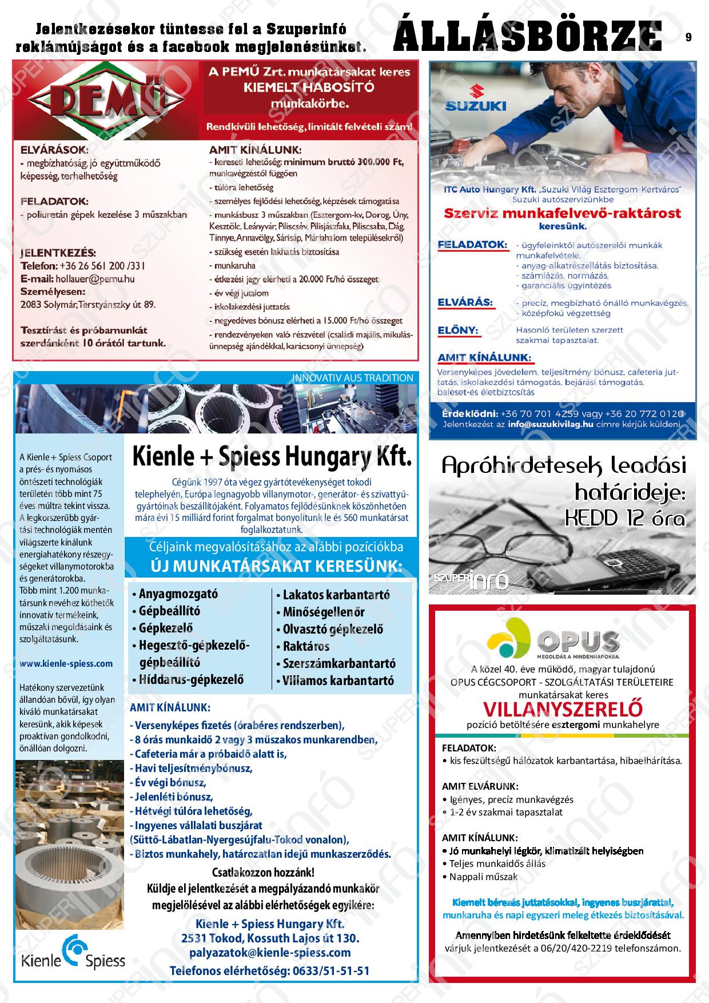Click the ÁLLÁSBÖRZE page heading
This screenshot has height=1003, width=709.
[x=527, y=35]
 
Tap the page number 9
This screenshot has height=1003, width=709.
[x=688, y=37]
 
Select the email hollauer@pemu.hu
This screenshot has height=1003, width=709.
[x=95, y=279]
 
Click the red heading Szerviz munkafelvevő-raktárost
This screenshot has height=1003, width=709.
[x=563, y=213]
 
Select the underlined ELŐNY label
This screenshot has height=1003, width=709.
[x=458, y=330]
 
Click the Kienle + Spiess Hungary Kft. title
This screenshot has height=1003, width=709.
[x=272, y=457]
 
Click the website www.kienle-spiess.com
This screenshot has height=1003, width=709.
[x=66, y=663]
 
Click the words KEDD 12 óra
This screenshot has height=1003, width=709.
[x=624, y=518]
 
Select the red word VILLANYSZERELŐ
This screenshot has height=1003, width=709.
[x=563, y=709]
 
